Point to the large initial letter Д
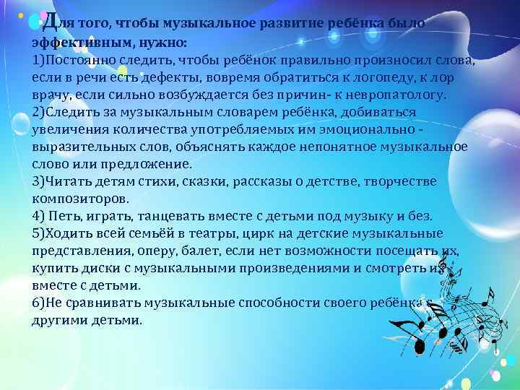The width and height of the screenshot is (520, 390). [x=48, y=22]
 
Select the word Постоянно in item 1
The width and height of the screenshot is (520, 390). [x=82, y=61]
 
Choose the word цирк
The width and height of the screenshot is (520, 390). [x=259, y=233]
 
